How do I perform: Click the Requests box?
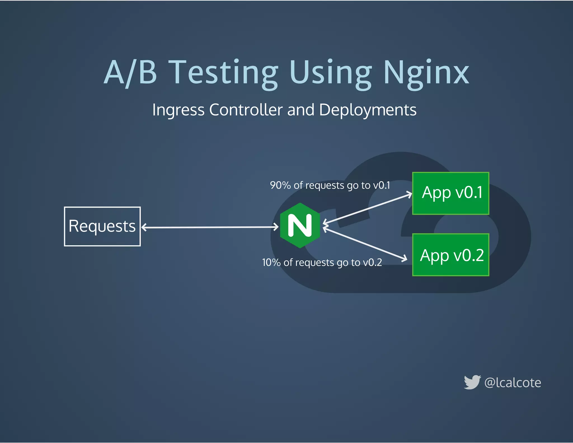[x=102, y=226]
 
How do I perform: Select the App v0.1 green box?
[x=450, y=193]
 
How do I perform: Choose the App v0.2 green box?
[x=450, y=255]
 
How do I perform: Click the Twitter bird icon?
[x=472, y=382]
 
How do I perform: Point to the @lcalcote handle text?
[x=513, y=383]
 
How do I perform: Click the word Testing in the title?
[x=224, y=73]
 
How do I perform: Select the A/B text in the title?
[x=130, y=73]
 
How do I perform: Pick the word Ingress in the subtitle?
[x=178, y=110]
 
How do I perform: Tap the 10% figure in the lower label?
[x=271, y=262]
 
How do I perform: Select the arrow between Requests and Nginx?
[x=210, y=227]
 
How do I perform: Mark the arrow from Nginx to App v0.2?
[x=365, y=244]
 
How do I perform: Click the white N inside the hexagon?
[x=300, y=225]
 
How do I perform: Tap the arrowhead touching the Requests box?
[x=144, y=227]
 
